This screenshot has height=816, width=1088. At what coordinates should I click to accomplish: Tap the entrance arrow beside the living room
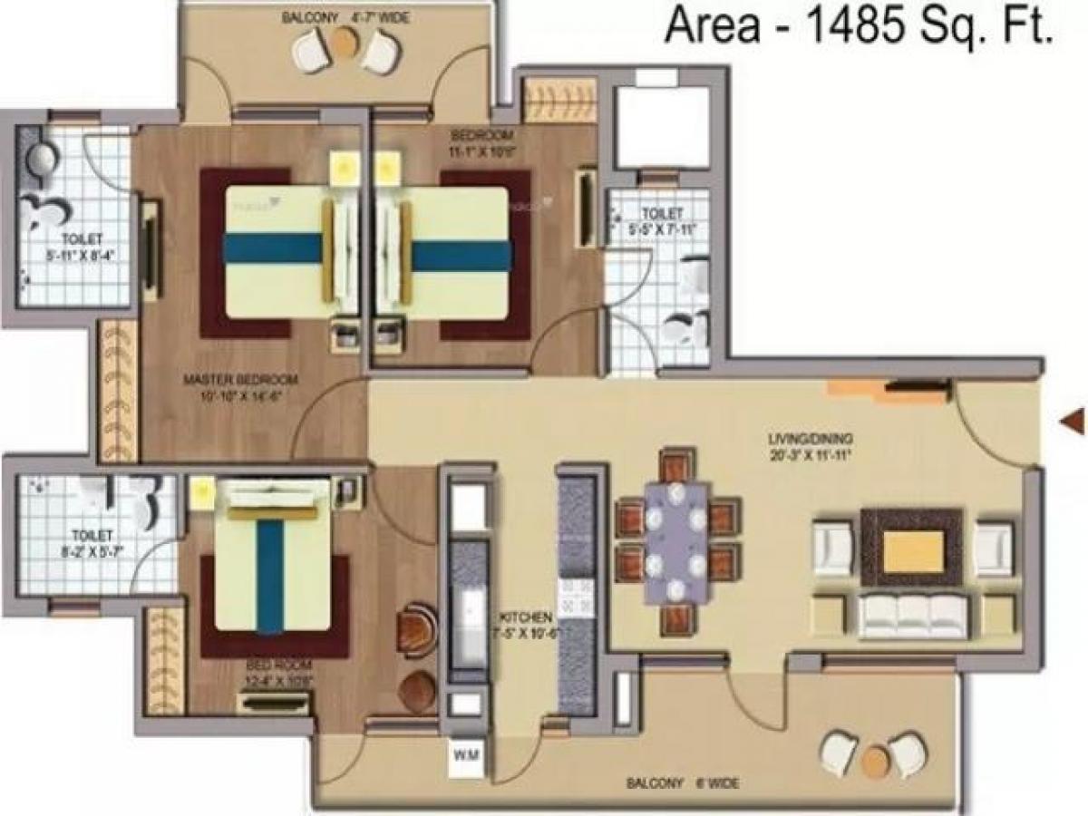tap(1073, 420)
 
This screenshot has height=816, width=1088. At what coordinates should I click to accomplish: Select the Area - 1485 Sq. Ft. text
tap(859, 27)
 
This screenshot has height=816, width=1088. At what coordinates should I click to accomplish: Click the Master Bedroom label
tap(240, 386)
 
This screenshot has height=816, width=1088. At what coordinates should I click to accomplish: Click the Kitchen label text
tap(523, 626)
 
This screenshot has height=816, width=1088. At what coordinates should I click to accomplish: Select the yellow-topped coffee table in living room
tap(912, 550)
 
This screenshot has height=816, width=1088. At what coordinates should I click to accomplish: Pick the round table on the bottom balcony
tap(875, 760)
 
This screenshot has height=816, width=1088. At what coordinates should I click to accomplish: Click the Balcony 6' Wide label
tap(681, 782)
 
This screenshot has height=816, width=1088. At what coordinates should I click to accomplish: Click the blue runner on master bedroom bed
tap(272, 248)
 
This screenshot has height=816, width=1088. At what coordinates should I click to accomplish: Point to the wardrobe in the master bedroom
tap(119, 392)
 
